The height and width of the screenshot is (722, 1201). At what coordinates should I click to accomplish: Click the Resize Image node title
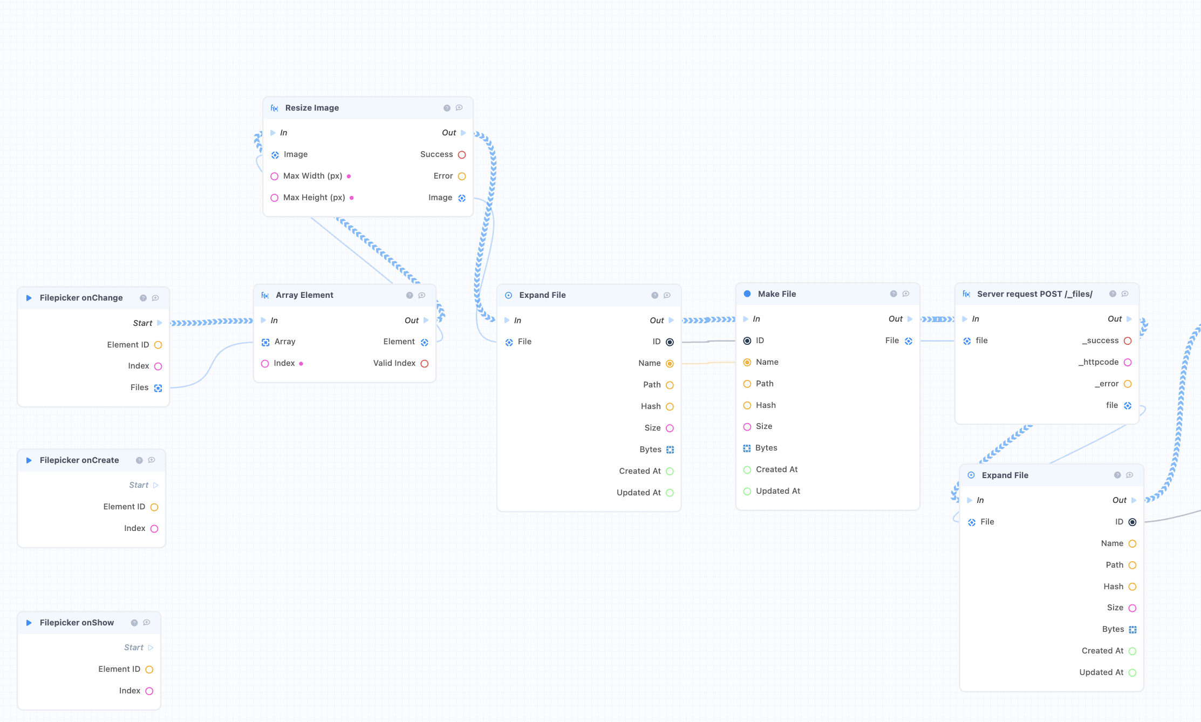(x=312, y=108)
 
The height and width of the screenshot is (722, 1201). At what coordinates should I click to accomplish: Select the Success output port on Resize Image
(x=462, y=155)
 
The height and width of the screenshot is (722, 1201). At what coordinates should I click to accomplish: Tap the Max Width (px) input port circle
(x=274, y=176)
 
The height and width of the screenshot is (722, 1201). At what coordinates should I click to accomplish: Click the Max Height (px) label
(x=314, y=197)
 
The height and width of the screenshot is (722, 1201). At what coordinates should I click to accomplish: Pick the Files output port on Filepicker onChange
(x=158, y=388)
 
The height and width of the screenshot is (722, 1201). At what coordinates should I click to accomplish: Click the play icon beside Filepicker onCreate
(x=29, y=460)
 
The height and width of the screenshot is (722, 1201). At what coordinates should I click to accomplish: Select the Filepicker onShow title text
(x=77, y=623)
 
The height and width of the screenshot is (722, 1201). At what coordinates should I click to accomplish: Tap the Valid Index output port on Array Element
(x=425, y=364)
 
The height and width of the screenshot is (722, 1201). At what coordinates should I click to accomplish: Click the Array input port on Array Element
(x=265, y=342)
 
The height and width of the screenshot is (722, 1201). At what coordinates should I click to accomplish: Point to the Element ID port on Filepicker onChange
(x=158, y=345)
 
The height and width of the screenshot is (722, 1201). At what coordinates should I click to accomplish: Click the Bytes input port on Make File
(x=747, y=448)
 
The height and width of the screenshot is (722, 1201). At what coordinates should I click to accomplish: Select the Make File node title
(x=777, y=294)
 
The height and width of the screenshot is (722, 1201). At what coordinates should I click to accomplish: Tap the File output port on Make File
(x=909, y=341)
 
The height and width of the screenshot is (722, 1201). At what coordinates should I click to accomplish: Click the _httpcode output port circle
(x=1128, y=363)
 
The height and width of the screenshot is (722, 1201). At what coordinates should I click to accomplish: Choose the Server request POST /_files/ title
(x=1035, y=294)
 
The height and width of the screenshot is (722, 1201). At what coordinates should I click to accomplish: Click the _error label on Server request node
(x=1107, y=384)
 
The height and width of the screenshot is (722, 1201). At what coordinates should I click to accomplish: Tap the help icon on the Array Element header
(x=410, y=295)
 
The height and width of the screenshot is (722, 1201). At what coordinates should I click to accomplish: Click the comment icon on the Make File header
(x=906, y=294)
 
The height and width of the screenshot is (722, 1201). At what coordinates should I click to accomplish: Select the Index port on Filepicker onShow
(x=149, y=691)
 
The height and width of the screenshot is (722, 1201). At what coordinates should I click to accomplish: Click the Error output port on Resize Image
(x=462, y=176)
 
